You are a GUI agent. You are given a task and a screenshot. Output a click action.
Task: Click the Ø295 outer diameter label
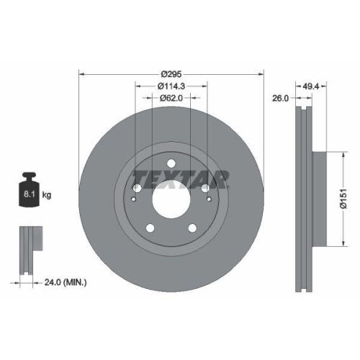click(171, 74)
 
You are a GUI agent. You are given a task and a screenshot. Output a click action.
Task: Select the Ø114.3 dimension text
click(171, 86)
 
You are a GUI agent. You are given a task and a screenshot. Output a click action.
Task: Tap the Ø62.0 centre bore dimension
click(171, 99)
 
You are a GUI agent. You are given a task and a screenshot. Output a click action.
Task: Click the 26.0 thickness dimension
click(282, 99)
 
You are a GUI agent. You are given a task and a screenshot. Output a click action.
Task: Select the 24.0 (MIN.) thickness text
click(65, 282)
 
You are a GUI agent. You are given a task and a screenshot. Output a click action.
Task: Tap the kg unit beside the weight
click(47, 195)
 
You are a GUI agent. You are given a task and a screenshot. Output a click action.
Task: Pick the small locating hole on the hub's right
click(207, 198)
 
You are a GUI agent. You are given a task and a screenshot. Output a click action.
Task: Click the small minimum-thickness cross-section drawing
click(28, 248)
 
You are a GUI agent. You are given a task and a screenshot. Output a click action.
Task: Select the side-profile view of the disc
click(305, 202)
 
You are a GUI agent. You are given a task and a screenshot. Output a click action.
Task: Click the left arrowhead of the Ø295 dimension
click(80, 73)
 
